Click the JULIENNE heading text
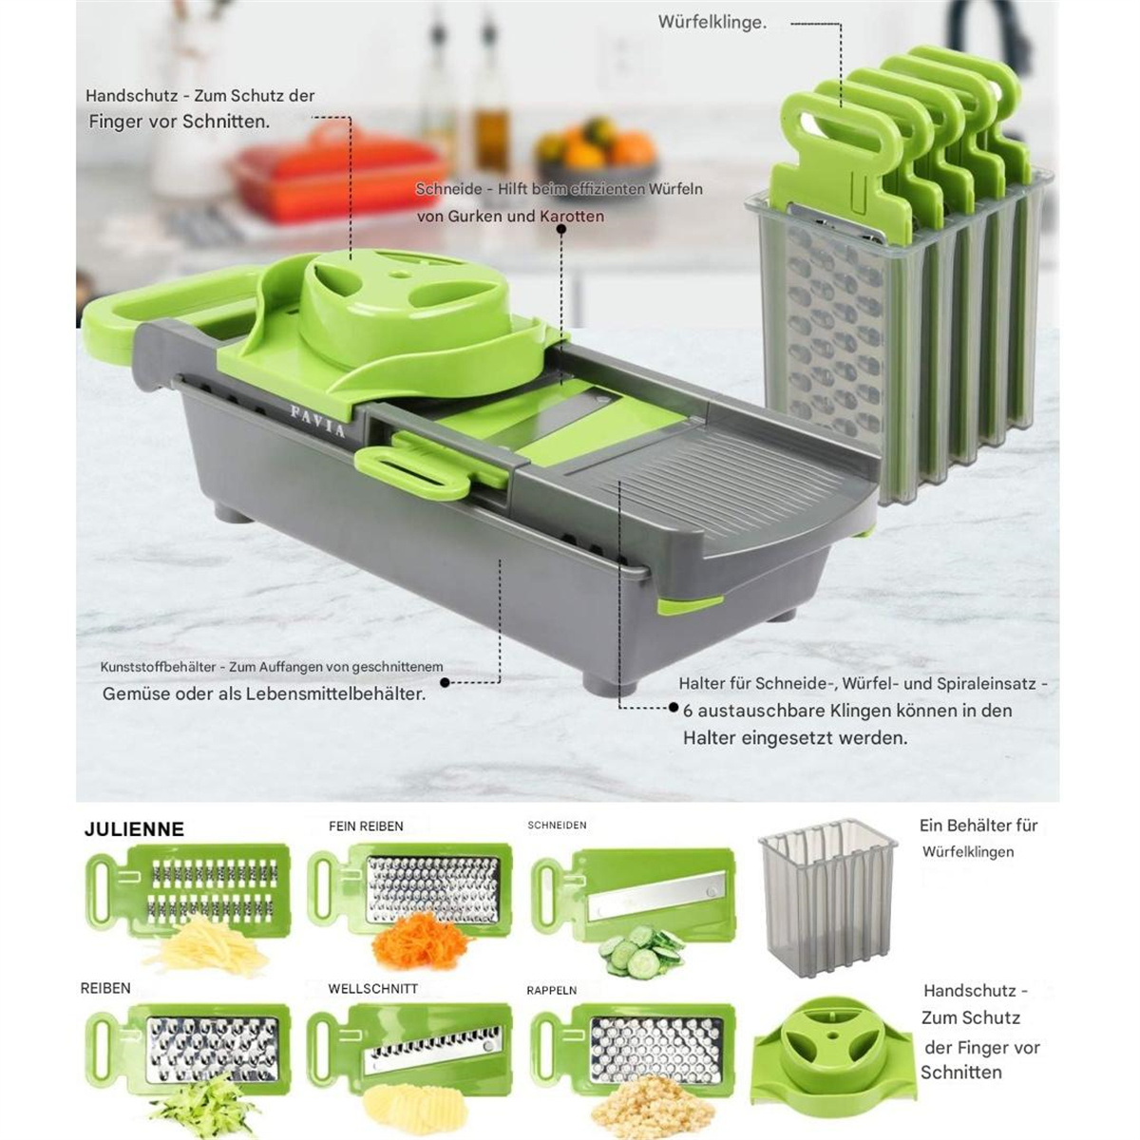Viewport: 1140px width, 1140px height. [x=134, y=828]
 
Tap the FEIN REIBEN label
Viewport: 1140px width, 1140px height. [x=366, y=826]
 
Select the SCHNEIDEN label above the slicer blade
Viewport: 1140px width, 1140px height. [x=558, y=826]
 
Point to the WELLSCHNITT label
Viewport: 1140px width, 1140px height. [x=373, y=989]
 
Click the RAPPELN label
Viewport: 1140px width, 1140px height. [x=552, y=990]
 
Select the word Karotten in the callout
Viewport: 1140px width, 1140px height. [x=572, y=217]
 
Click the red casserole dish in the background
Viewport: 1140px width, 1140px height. [x=337, y=178]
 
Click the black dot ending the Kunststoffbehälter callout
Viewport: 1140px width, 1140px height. [x=445, y=682]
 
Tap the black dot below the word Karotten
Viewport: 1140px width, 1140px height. [x=561, y=228]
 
